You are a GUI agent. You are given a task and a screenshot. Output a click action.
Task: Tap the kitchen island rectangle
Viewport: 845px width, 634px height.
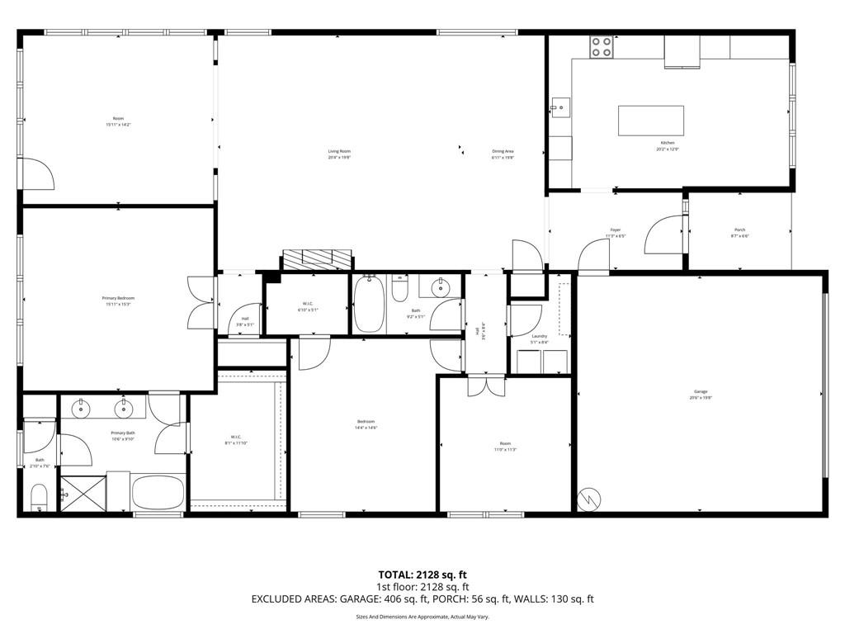click(x=651, y=121)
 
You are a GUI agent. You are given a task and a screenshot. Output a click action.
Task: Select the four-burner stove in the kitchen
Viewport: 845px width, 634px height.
click(x=602, y=47)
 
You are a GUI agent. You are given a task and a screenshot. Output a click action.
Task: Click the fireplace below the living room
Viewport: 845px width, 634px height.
click(x=318, y=259)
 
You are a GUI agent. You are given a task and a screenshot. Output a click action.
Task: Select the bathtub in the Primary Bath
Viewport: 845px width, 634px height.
click(x=158, y=493)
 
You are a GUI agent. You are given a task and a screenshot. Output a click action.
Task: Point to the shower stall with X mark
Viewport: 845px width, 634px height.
click(x=83, y=493)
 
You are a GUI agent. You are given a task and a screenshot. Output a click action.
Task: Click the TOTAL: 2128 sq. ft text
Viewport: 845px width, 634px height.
click(x=422, y=575)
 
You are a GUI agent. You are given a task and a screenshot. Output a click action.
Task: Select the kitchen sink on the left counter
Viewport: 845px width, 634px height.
click(x=561, y=106)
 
